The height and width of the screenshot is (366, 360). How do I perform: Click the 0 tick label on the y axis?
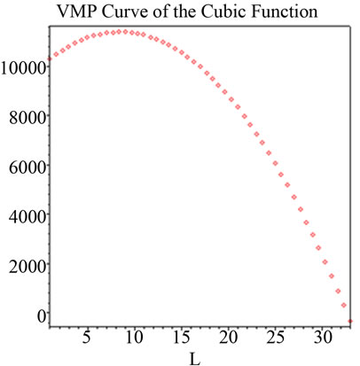tap(41, 314)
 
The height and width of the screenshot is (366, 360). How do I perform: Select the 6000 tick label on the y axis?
tap(26, 166)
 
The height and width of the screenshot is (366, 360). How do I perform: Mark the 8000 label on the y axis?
tap(26, 116)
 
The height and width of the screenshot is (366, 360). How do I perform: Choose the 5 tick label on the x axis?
tap(86, 338)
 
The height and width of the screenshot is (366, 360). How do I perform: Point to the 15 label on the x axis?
tap(181, 338)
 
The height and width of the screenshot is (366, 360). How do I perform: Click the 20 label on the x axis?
tap(229, 338)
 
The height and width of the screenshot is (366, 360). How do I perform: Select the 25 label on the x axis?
tap(276, 338)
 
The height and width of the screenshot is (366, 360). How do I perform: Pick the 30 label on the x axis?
tap(324, 338)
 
